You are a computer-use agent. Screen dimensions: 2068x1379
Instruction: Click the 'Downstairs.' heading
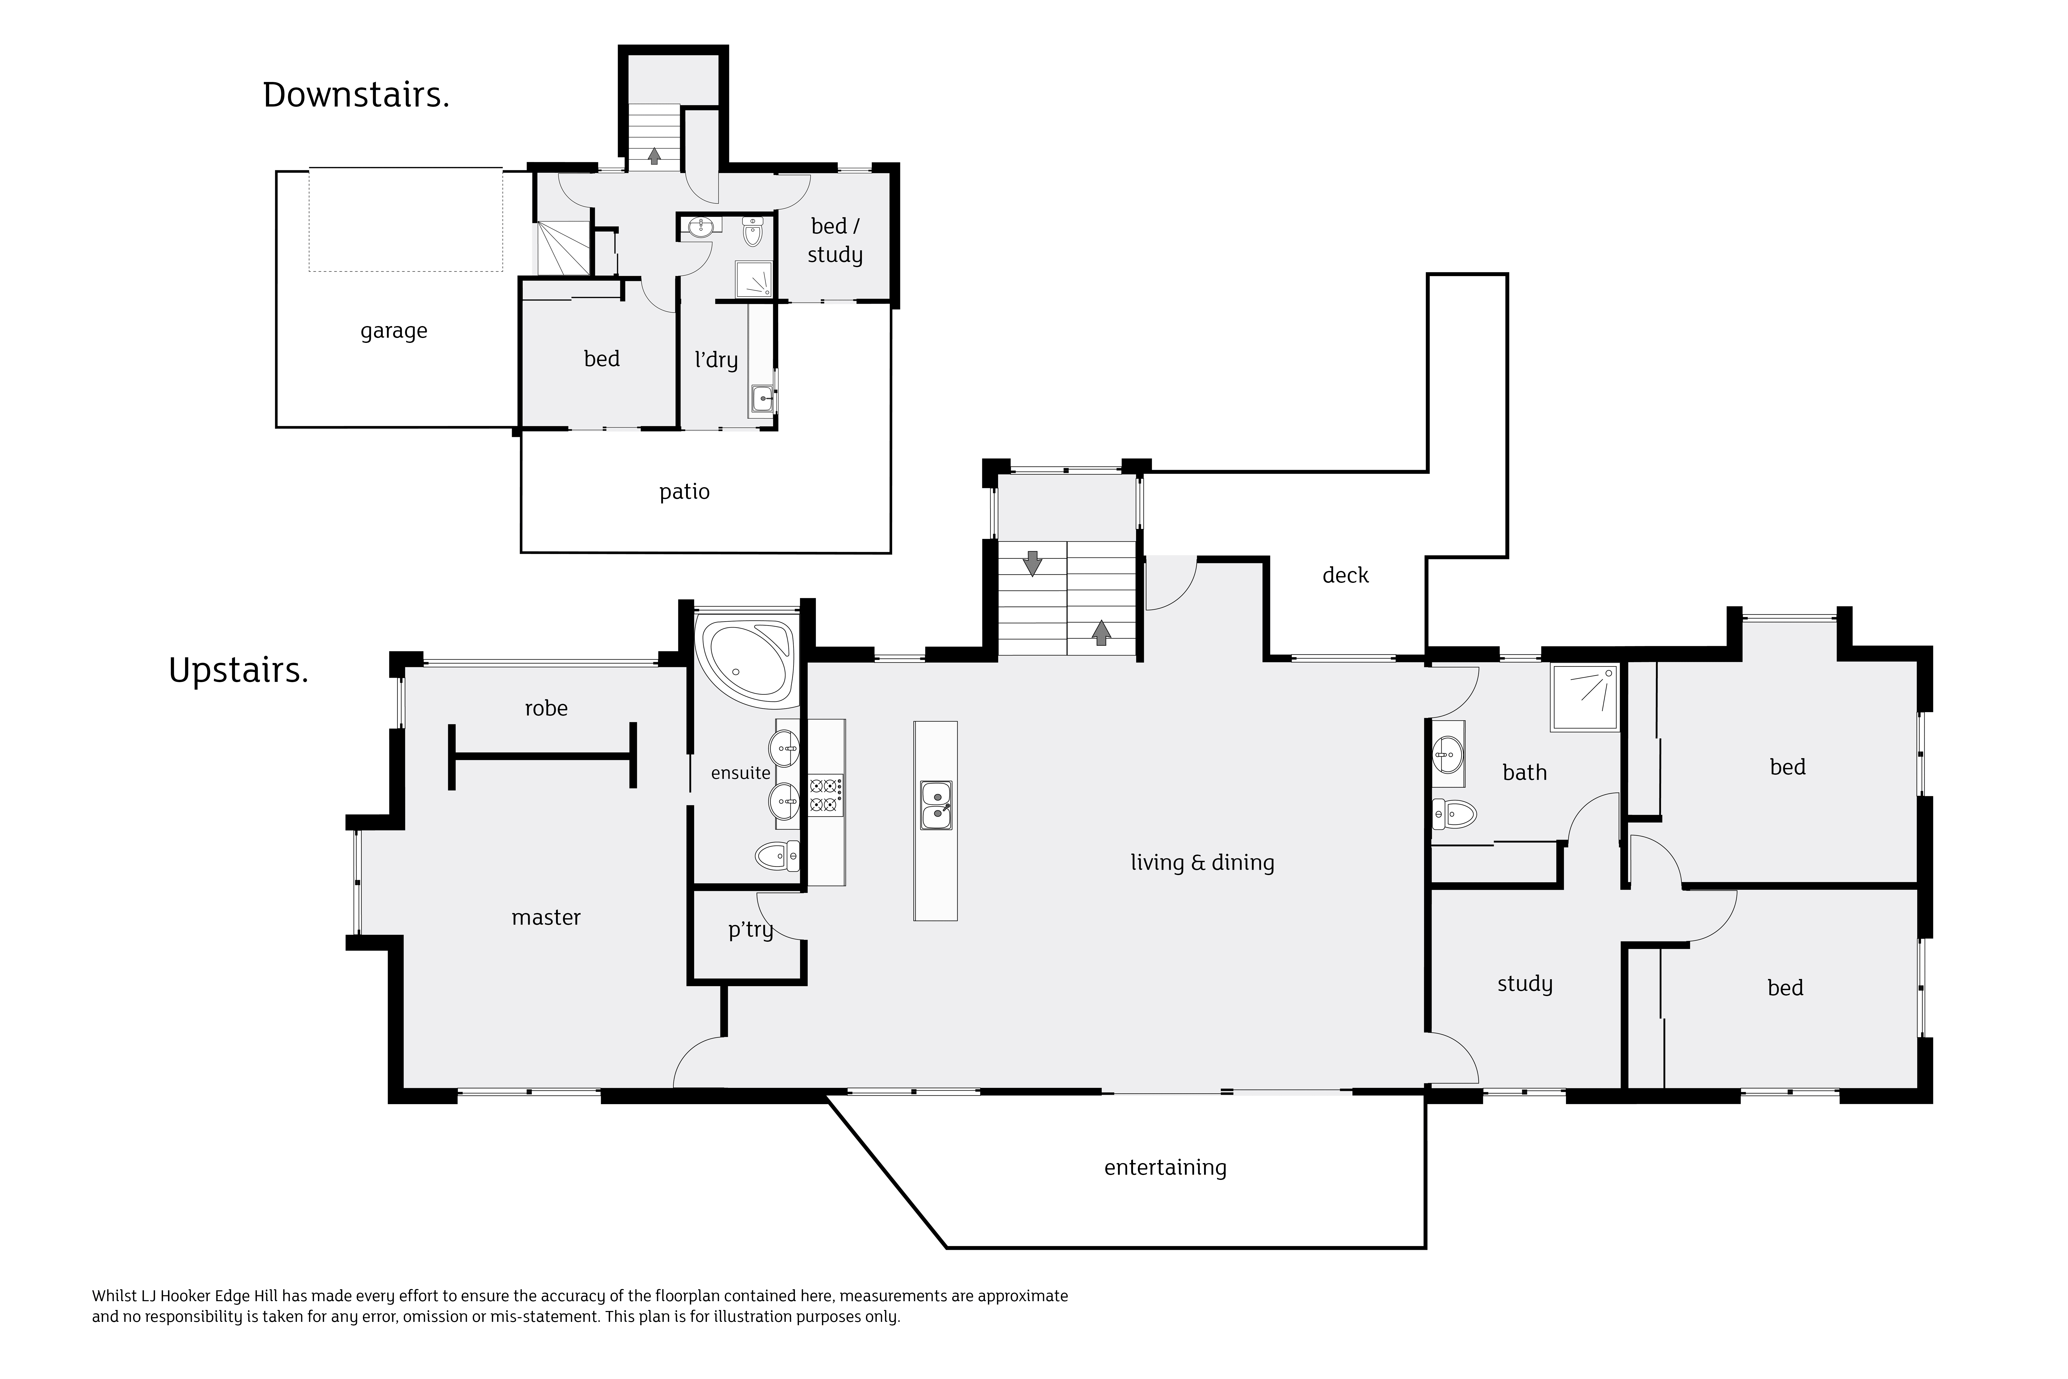pos(356,95)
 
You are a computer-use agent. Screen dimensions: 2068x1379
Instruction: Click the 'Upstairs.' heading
pos(238,671)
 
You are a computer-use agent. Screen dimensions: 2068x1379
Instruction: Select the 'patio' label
pos(684,492)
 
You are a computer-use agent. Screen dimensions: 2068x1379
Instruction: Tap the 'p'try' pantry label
pos(750,930)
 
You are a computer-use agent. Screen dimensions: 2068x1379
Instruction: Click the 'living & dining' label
pos(1202,863)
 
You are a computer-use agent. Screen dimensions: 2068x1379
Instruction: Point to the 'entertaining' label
pos(1165,1168)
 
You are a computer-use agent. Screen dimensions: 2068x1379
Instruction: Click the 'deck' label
pos(1345,575)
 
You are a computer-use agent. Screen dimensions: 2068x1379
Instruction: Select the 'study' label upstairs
pos(1525,984)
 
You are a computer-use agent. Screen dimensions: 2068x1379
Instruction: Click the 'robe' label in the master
pos(546,708)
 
